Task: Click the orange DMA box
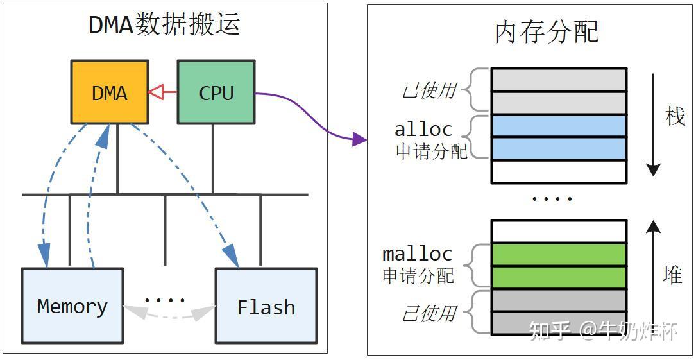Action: (110, 92)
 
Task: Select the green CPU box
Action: (216, 92)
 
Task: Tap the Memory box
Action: (72, 305)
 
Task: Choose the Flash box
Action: (266, 306)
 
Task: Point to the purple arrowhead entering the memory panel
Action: (359, 138)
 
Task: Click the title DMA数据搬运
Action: (164, 24)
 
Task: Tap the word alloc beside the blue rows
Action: (423, 129)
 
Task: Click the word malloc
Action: (417, 253)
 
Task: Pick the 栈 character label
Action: (675, 116)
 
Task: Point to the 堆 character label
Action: (672, 275)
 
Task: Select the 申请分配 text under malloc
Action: (418, 276)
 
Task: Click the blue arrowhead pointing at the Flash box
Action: (232, 258)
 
